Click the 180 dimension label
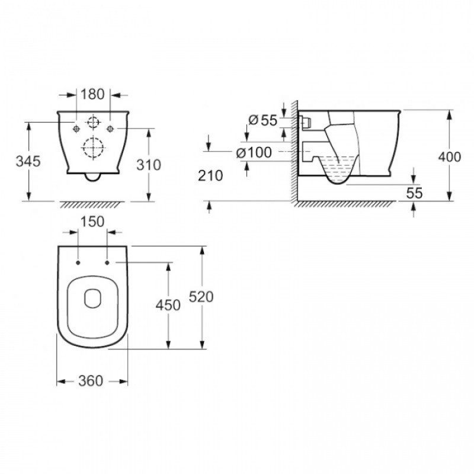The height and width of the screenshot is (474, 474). coord(92,94)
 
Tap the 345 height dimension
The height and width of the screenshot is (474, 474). coord(28,161)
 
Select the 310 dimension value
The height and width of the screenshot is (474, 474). coord(149,165)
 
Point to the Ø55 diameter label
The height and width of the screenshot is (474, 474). coord(262,120)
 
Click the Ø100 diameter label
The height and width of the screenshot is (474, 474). coord(254,152)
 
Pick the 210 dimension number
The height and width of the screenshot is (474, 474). coord(210,175)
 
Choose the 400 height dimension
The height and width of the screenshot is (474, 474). coord(450,157)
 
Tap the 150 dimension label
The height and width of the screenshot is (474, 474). coord(92,222)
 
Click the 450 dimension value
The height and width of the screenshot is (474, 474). coord(168,305)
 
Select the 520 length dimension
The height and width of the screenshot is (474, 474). coord(201,297)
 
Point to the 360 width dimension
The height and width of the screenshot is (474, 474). coord(91,380)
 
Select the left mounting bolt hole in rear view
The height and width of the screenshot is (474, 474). coord(76,129)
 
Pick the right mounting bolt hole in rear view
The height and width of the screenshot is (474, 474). coord(110,129)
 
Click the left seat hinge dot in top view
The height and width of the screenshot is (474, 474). coord(78,262)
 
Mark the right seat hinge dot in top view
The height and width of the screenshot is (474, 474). coord(107,262)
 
